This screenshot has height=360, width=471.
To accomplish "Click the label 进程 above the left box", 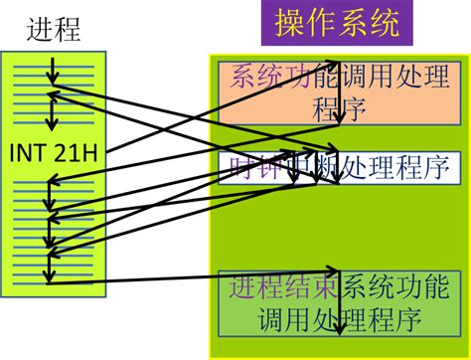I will pyautogui.click(x=54, y=31).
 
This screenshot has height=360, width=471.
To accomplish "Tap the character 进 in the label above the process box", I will pyautogui.click(x=41, y=31).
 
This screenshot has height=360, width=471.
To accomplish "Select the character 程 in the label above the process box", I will pyautogui.click(x=67, y=31).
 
